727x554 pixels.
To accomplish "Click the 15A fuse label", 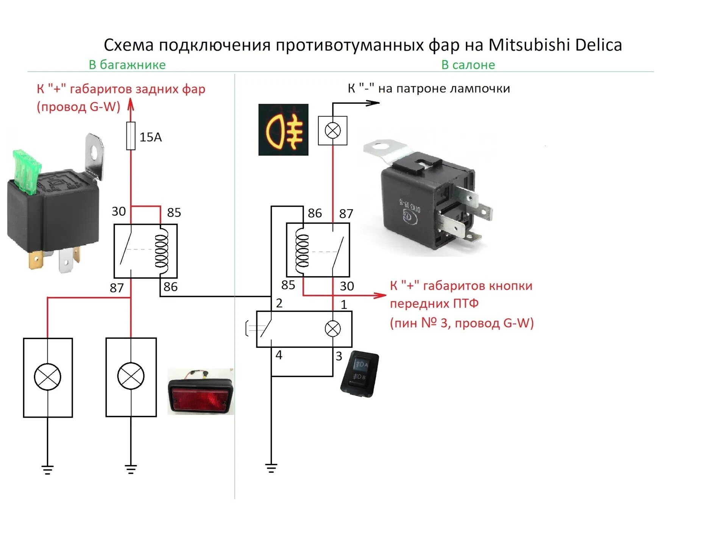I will pos(150,137).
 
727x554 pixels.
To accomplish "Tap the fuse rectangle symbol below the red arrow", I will pos(131,136).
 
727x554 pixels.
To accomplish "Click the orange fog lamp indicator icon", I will pos(283,130).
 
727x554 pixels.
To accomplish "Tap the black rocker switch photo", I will pos(359,373).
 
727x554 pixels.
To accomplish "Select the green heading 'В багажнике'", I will pos(127,65).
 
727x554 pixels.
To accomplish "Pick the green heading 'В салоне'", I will pos(468,65).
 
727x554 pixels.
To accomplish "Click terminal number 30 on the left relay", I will pos(119,211).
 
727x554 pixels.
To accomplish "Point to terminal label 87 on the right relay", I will pos(346,213).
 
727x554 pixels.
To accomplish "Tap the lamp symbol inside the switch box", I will pos(332,328).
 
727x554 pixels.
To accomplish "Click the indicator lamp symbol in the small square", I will pos(332,131).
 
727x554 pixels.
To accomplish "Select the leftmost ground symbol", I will pos(47,470).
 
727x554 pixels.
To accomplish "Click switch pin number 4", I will pos(279,355).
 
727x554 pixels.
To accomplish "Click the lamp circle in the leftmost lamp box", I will pos(47,377).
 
